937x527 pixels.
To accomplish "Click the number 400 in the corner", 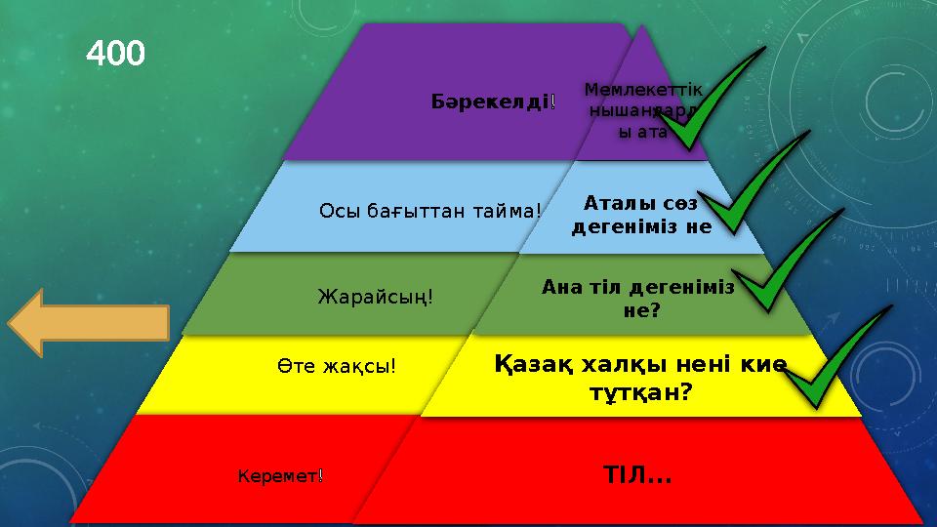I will (116, 53).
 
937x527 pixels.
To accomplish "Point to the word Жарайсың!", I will (376, 293).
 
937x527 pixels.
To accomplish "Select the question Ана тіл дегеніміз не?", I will (639, 299).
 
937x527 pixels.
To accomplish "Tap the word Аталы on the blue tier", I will (615, 204).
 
